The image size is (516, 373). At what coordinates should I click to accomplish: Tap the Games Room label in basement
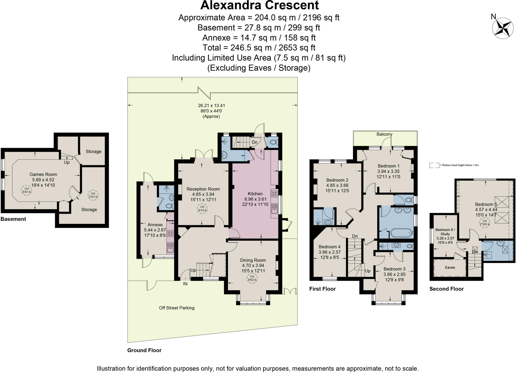coord(43,174)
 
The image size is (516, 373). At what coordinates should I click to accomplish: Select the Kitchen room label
coord(255,194)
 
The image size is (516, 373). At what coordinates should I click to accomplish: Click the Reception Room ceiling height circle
coord(202,209)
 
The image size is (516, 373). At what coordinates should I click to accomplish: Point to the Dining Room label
coord(253,260)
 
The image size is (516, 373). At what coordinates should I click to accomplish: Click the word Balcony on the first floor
coord(384,134)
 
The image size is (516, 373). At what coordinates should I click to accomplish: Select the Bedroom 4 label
coord(329,247)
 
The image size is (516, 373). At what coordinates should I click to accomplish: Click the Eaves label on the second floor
coord(450,267)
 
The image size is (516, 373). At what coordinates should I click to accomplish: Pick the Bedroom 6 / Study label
coord(445,232)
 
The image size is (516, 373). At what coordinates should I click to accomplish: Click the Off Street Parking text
coord(177,308)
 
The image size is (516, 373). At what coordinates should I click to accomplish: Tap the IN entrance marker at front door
coord(185,284)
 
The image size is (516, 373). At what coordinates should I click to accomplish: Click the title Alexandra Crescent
coord(259,5)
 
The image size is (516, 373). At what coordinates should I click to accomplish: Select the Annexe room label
coord(155,225)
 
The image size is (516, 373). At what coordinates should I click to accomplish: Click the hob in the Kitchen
coord(274,194)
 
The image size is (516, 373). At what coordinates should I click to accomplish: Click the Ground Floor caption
coord(144,350)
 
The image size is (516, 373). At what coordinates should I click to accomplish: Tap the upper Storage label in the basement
coord(93,151)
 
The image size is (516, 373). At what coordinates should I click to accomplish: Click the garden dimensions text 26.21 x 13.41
coord(211,106)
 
